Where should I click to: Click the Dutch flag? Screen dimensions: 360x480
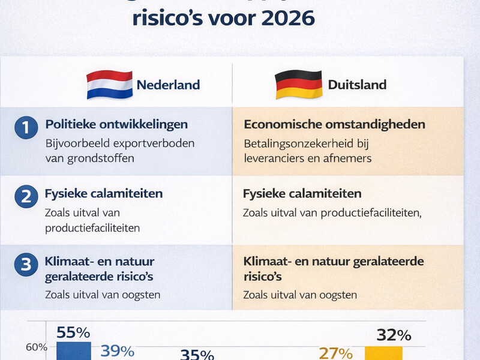(109, 85)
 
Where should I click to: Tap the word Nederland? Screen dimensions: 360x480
(168, 85)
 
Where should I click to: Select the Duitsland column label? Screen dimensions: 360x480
(357, 85)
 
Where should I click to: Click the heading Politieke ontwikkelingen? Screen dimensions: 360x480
(116, 124)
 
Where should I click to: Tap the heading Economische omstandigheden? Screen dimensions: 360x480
(334, 124)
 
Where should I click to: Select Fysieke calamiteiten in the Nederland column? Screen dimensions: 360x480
(104, 194)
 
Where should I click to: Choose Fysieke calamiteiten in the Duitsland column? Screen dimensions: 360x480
(302, 194)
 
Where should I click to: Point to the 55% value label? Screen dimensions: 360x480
(73, 332)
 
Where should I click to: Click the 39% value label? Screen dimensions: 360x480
(117, 351)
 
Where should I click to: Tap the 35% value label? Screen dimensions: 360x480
(197, 355)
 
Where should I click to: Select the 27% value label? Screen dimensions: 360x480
(335, 352)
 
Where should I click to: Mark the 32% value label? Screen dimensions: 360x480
(393, 334)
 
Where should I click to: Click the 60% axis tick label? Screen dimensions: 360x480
(36, 347)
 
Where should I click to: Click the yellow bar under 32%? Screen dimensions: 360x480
(383, 353)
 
